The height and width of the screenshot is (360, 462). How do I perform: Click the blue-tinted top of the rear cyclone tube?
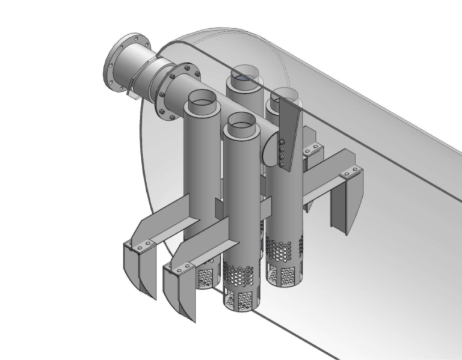pyautogui.click(x=245, y=76)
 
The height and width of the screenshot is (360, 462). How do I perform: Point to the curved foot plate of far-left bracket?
pyautogui.click(x=138, y=270)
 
